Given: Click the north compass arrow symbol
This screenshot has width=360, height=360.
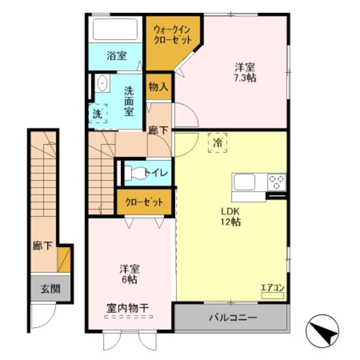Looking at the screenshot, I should pyautogui.click(x=324, y=330).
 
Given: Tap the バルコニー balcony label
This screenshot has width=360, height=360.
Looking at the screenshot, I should pyautogui.click(x=233, y=317).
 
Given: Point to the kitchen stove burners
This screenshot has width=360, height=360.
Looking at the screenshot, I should pyautogui.click(x=277, y=181).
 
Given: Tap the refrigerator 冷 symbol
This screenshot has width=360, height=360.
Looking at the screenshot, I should pyautogui.click(x=217, y=144).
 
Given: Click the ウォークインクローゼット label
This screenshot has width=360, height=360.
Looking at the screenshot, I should pyautogui.click(x=172, y=34).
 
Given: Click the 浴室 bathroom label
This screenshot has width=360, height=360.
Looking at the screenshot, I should pyautogui.click(x=117, y=56).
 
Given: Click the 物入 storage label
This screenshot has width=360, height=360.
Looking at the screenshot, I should pyautogui.click(x=158, y=87).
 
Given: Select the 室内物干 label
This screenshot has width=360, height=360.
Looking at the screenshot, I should pyautogui.click(x=128, y=308).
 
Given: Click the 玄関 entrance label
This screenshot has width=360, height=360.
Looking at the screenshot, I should pyautogui.click(x=50, y=289).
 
